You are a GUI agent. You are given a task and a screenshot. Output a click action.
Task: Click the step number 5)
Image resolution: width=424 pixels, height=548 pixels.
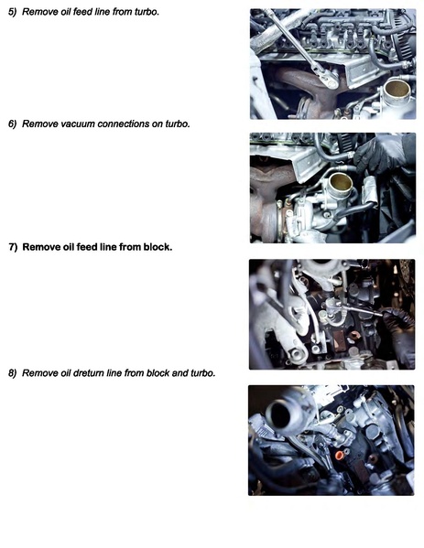(x=12, y=12)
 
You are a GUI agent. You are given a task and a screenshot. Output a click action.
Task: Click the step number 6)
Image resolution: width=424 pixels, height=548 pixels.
(x=12, y=124)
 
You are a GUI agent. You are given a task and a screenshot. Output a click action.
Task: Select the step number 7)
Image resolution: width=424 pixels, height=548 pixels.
(x=13, y=247)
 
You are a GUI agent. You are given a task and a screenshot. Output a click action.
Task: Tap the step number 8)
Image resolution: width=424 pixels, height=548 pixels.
(x=12, y=373)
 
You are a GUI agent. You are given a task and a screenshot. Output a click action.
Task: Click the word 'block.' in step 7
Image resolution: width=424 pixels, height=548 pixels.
(x=158, y=247)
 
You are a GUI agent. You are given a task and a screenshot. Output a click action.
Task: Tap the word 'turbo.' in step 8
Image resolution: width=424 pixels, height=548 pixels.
(x=203, y=373)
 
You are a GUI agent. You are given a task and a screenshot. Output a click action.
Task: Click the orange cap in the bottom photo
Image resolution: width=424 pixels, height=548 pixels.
(x=339, y=455)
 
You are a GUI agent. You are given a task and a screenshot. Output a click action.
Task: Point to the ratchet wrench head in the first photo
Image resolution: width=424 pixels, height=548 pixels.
(x=328, y=78)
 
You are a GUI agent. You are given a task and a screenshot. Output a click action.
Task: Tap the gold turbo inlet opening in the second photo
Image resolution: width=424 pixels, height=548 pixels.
(x=341, y=182)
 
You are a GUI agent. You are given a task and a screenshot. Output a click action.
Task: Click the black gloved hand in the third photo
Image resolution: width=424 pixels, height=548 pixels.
(x=399, y=332)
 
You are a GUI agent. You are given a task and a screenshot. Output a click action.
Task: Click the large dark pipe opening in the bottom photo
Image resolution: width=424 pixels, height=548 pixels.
(x=281, y=414)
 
